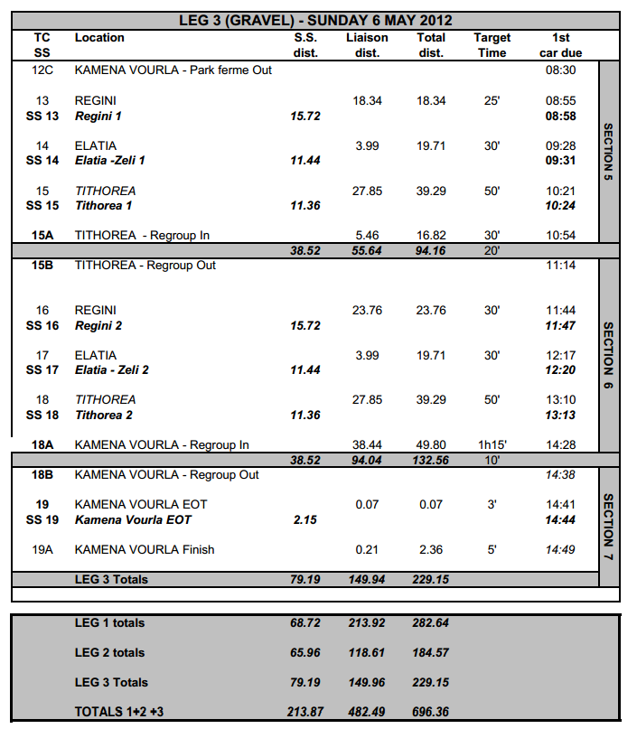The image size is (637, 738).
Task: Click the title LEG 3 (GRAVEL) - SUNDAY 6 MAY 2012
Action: [316, 20]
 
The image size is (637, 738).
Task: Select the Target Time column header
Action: [492, 45]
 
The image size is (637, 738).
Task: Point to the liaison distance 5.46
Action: [367, 236]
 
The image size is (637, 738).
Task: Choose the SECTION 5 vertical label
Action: [608, 152]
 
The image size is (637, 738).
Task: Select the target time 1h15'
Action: [492, 445]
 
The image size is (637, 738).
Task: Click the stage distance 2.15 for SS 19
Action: [305, 520]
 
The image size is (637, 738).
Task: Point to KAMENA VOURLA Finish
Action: [145, 549]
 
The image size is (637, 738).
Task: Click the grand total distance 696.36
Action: [430, 712]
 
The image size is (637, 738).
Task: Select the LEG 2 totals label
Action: [109, 652]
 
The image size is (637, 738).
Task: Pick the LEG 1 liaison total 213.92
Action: [367, 623]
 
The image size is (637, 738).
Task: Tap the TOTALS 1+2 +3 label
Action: [118, 712]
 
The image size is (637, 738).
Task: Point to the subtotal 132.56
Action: [430, 460]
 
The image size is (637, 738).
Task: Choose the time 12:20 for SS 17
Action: [560, 370]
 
